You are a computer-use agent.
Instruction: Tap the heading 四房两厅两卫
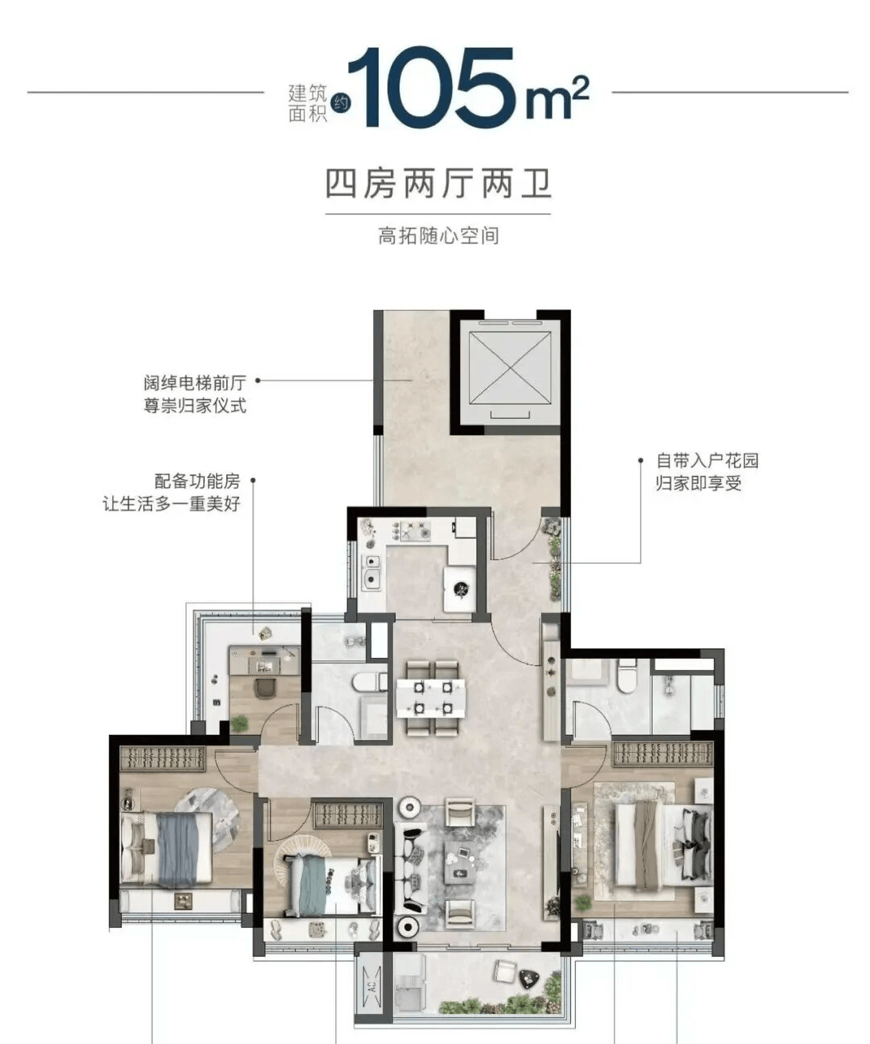click(x=438, y=184)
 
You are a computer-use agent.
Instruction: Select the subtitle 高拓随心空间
click(x=438, y=235)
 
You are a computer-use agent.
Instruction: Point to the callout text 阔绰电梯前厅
click(x=195, y=383)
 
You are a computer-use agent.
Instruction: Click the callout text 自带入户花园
click(x=707, y=461)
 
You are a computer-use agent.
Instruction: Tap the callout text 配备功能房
click(x=197, y=481)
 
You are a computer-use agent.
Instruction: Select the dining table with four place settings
click(x=431, y=697)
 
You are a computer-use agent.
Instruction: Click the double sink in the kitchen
click(x=371, y=572)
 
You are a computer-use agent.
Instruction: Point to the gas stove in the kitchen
click(x=411, y=531)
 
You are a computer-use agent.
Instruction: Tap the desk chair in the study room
click(x=264, y=688)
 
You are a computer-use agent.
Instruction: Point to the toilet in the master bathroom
click(x=626, y=675)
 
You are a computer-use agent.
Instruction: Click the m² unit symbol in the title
click(x=557, y=99)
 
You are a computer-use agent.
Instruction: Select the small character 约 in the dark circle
click(x=343, y=103)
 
